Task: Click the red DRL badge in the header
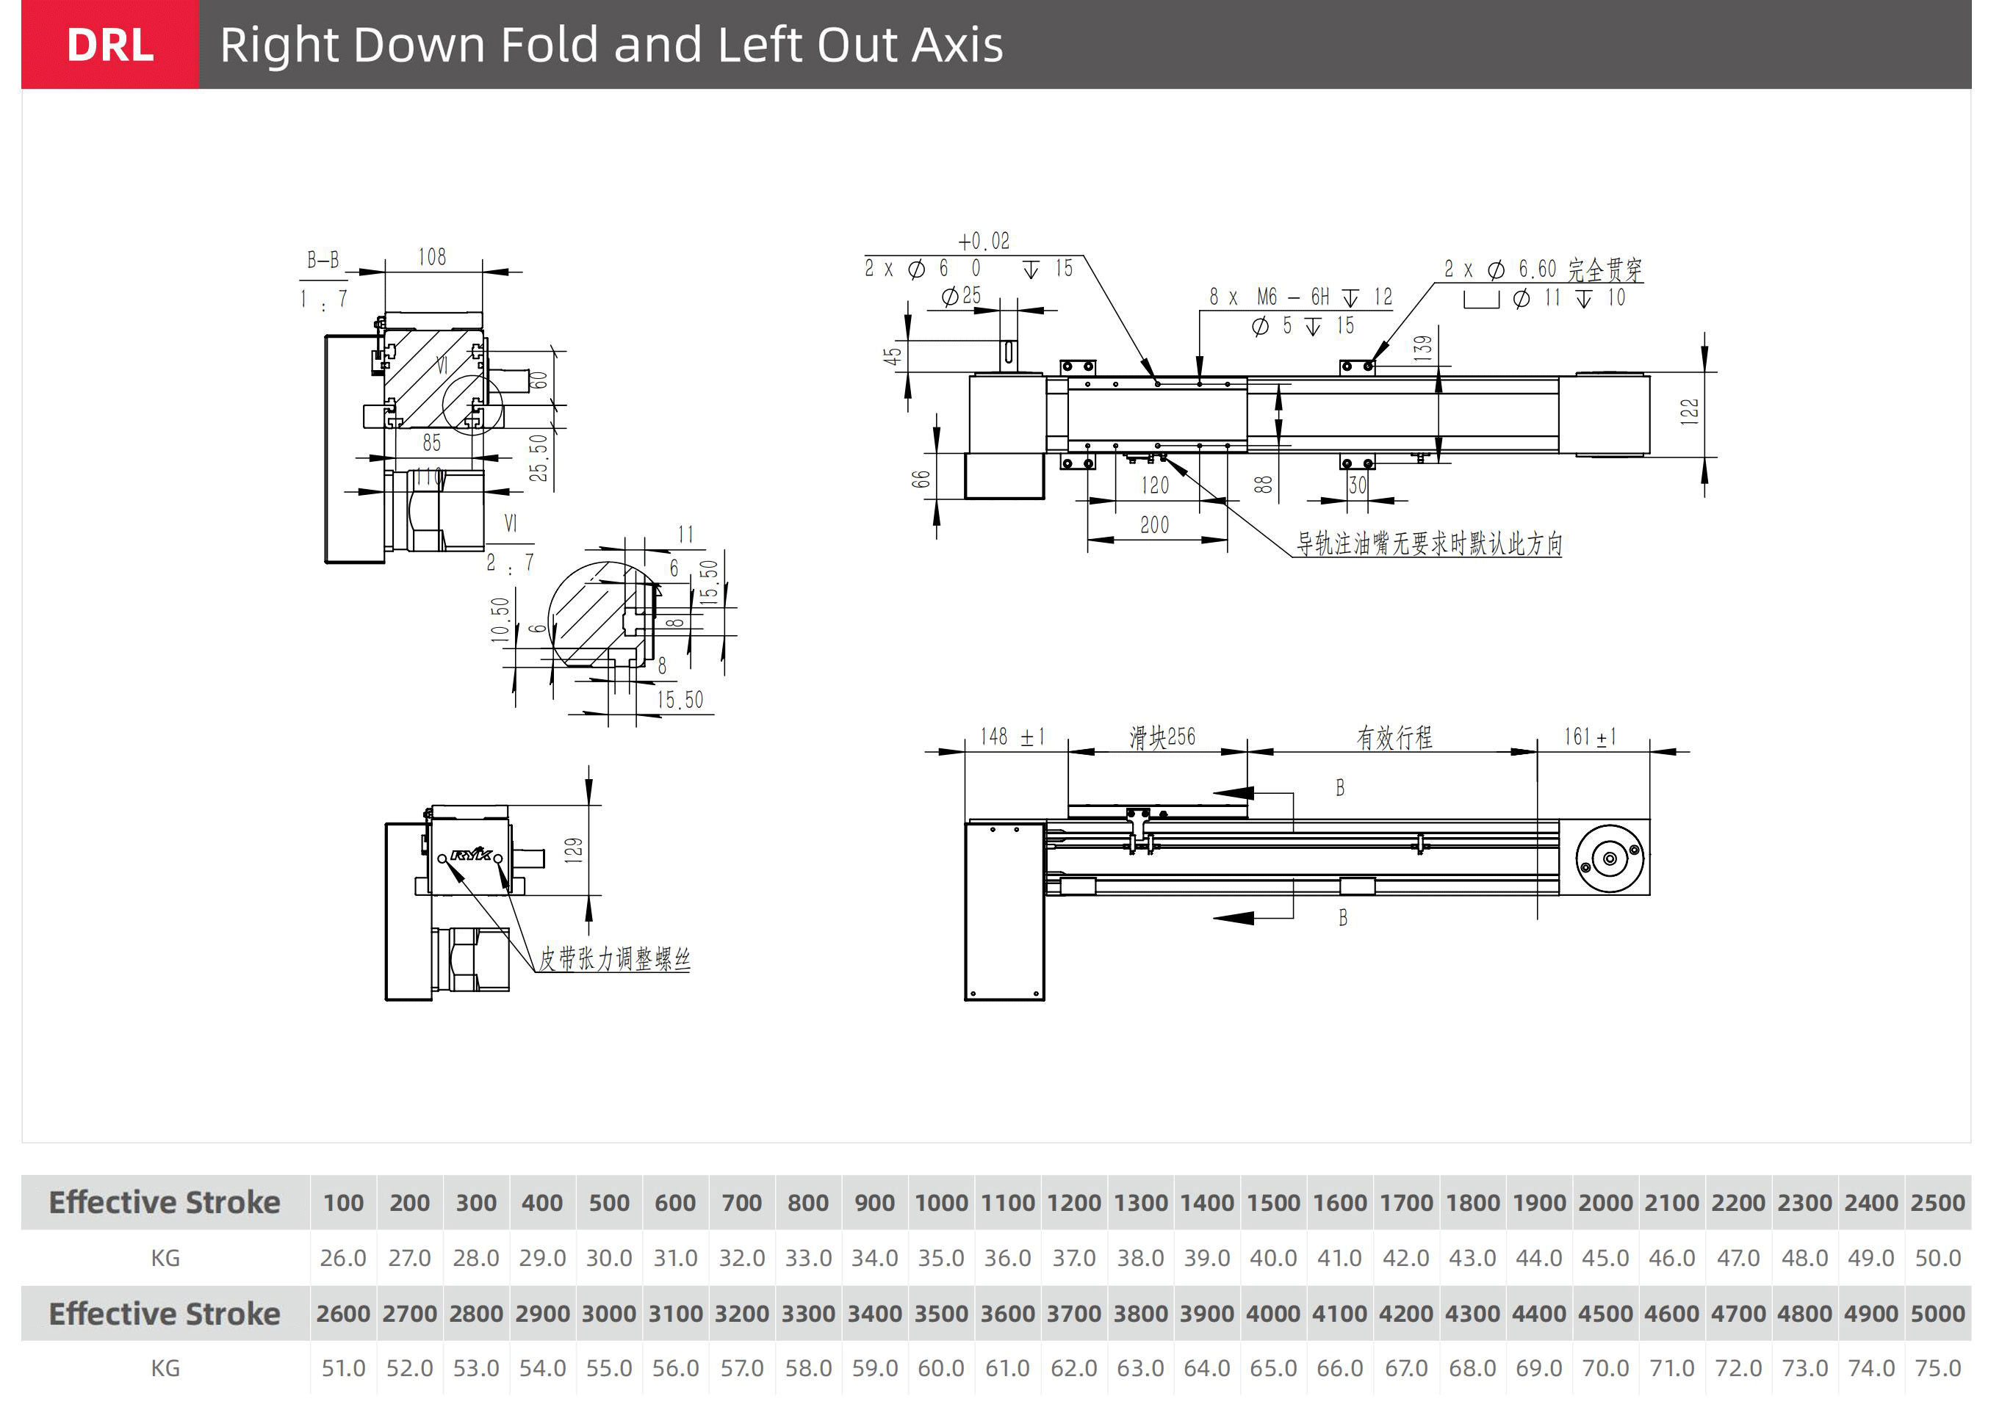pos(110,45)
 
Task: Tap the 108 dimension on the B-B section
pos(431,257)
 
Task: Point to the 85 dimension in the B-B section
pos(431,443)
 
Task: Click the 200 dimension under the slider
pos(1154,525)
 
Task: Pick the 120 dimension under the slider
pos(1154,485)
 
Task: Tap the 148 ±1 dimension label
pos(1012,737)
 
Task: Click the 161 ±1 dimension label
pos(1590,737)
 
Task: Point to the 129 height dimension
pos(573,850)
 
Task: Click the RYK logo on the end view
pos(472,855)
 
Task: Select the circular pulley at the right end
pos(1609,858)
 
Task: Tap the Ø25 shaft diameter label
pos(962,296)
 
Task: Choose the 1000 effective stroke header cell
pos(940,1202)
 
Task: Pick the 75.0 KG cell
pos(1937,1368)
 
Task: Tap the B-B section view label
pos(323,259)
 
